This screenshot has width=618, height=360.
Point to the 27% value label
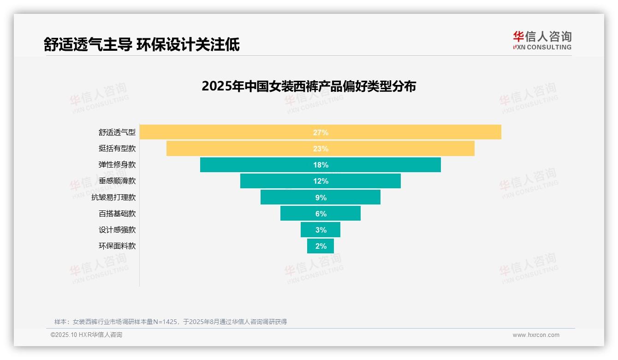(x=321, y=132)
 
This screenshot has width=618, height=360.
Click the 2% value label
(x=321, y=246)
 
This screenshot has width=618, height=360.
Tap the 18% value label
(x=321, y=165)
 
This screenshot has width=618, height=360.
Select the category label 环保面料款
(x=117, y=246)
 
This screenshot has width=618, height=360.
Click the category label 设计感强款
(x=117, y=230)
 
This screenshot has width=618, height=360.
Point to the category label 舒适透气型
(x=117, y=132)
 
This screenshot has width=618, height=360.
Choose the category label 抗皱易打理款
(x=113, y=197)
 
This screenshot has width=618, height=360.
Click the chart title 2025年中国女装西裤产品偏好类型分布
(x=309, y=86)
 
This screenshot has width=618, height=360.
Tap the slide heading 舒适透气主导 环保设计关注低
(x=142, y=44)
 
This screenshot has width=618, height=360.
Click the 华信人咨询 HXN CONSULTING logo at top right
(x=542, y=41)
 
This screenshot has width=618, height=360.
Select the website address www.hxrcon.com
(x=536, y=335)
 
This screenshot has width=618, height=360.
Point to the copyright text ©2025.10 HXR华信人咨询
(x=86, y=335)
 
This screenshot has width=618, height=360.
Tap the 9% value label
(x=321, y=198)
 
